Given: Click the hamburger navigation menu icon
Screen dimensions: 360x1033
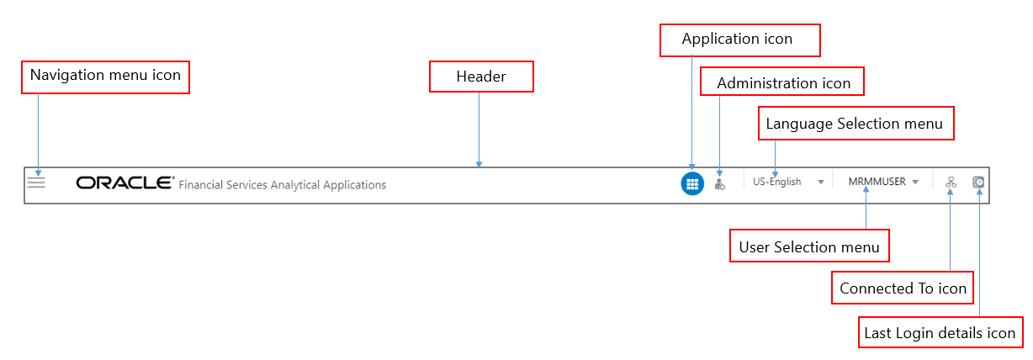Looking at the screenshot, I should point(36,182).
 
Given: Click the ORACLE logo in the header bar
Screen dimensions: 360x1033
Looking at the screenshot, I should point(124,183).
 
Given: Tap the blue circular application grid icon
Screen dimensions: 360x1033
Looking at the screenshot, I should point(691,183).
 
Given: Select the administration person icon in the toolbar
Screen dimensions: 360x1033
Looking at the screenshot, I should point(719,183).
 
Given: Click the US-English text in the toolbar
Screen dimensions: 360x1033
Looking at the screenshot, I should point(776,182).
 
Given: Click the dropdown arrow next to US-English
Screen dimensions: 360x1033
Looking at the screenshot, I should point(820,183).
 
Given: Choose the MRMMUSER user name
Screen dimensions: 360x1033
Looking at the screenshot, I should point(877,182).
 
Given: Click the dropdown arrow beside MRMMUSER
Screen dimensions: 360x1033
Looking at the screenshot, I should point(915,182).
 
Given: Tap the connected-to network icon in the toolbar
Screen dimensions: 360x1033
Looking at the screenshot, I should point(951,183).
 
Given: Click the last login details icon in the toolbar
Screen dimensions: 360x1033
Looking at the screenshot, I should point(978,182).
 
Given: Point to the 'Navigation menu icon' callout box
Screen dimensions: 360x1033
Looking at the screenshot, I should point(105,76).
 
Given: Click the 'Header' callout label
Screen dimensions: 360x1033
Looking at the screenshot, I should point(481,77).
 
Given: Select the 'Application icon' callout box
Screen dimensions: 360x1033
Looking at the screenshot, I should point(737,40).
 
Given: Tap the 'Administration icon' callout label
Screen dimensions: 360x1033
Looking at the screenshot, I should point(783,83).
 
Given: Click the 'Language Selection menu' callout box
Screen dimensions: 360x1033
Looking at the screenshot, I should point(854,124).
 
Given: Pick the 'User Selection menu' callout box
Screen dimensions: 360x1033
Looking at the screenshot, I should point(808,247).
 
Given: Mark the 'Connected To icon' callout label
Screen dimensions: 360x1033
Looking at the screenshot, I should point(903,289).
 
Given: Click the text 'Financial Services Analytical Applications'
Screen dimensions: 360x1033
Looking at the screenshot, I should point(283,185).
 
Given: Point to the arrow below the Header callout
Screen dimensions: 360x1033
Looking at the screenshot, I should point(479,130).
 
